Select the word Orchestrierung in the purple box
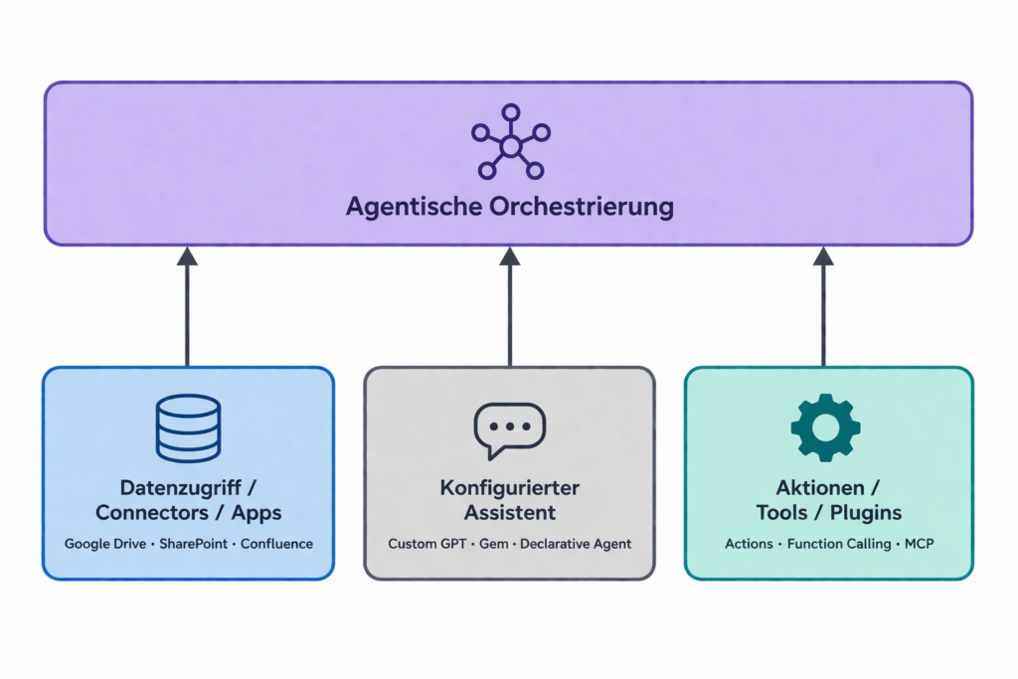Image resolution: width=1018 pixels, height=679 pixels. pyautogui.click(x=583, y=207)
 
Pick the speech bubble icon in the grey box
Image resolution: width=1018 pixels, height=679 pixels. pyautogui.click(x=509, y=429)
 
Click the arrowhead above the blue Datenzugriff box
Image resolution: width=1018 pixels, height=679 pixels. pyautogui.click(x=187, y=256)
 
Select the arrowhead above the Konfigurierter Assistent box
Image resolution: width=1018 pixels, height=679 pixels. pyautogui.click(x=510, y=256)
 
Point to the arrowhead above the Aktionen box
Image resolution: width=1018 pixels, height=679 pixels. pyautogui.click(x=823, y=256)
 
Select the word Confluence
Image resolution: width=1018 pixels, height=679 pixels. pyautogui.click(x=276, y=544)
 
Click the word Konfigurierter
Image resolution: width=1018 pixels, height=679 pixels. pyautogui.click(x=509, y=488)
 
